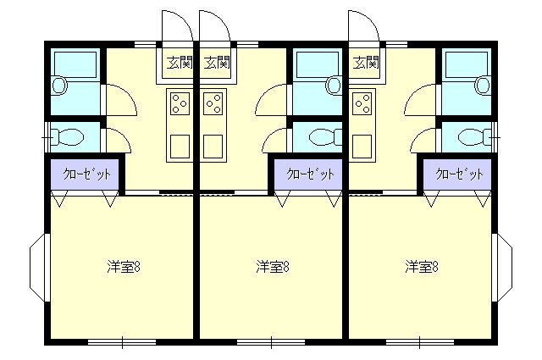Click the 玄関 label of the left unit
180,63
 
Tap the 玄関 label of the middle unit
217,63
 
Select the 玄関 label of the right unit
366,63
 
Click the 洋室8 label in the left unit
124,267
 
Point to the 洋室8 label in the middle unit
273,267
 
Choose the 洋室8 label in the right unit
422,267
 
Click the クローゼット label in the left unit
86,174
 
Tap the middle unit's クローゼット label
311,174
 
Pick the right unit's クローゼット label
459,174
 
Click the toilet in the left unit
68,137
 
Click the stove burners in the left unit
180,103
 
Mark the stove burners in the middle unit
213,103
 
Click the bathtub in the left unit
75,64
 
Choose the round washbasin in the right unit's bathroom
483,85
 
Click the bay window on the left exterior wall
37,267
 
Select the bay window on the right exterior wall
505,267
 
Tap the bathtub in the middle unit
318,64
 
